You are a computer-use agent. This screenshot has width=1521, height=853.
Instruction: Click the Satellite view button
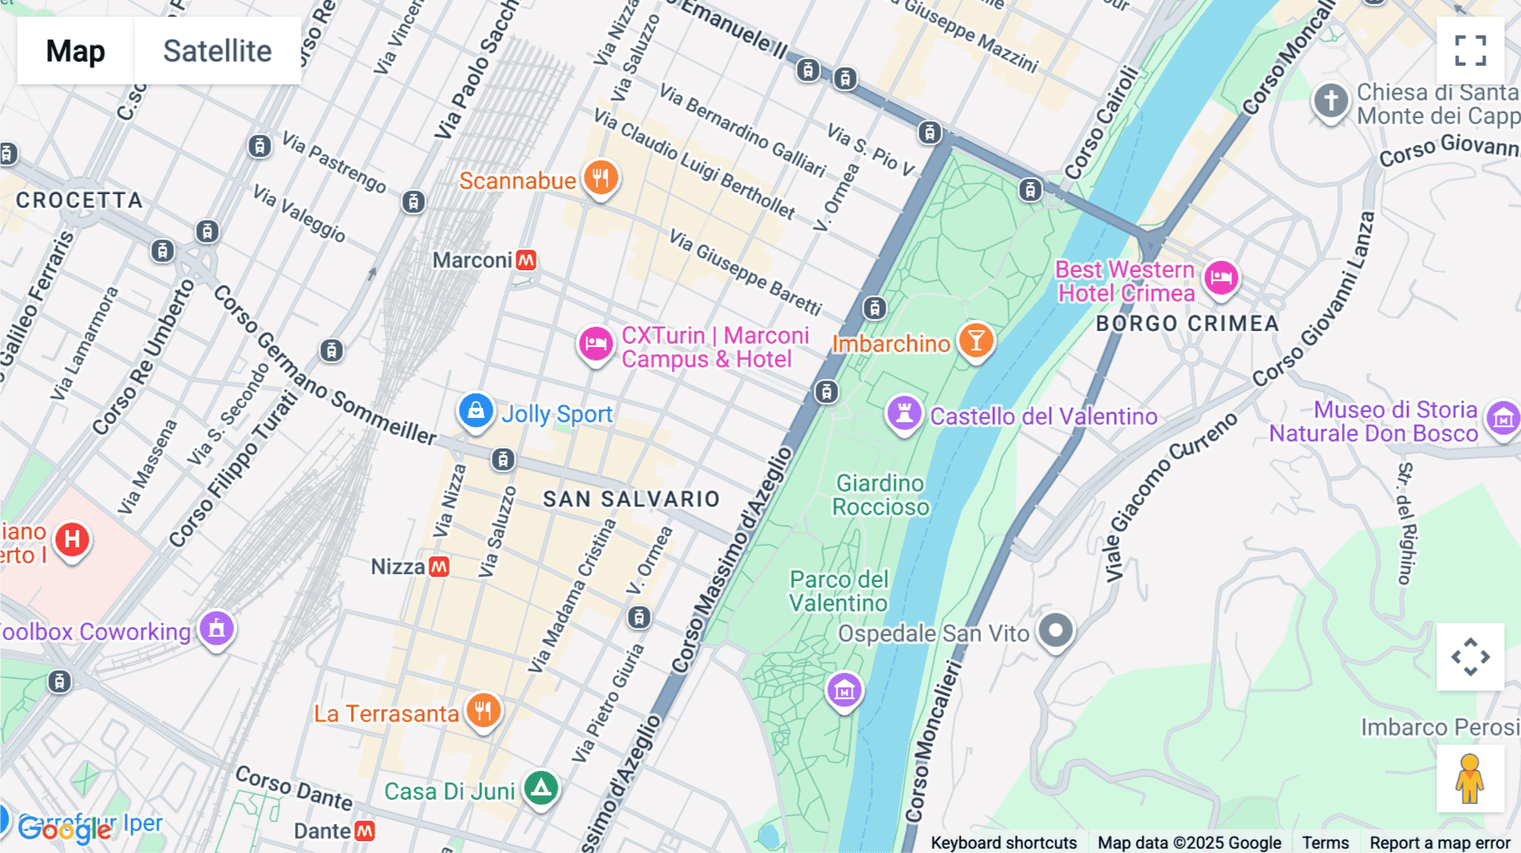(x=217, y=51)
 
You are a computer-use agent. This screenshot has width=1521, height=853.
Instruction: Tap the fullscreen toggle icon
(x=1470, y=50)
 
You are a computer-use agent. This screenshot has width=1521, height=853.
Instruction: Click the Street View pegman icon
(x=1469, y=779)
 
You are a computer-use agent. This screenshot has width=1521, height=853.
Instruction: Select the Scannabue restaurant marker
(x=601, y=178)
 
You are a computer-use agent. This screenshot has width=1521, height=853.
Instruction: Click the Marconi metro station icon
(x=526, y=260)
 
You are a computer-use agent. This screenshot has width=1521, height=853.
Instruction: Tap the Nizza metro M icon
(x=439, y=567)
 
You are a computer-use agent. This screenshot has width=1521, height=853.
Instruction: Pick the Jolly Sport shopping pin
(x=476, y=411)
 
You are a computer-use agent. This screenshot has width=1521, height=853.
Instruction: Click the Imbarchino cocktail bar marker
(x=976, y=340)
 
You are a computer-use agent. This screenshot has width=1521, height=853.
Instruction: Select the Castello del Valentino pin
(x=903, y=414)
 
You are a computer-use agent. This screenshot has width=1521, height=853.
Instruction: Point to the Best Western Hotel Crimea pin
(x=1221, y=277)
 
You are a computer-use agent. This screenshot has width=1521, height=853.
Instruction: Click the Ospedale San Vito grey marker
(x=1055, y=630)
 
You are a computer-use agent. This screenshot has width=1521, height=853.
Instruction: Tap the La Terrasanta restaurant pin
(x=483, y=711)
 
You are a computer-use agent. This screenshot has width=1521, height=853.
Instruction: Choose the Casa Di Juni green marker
(x=541, y=789)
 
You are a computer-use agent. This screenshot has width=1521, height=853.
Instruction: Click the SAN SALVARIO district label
(x=631, y=499)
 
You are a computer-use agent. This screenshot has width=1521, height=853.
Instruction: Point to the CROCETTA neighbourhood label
(x=79, y=200)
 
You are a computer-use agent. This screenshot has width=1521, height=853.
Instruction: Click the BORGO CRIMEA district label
(x=1186, y=323)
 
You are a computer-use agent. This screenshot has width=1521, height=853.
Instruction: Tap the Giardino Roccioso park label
(x=880, y=495)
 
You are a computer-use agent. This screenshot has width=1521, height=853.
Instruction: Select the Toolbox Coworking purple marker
(x=216, y=629)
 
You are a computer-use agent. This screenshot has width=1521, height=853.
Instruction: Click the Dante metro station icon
(x=364, y=831)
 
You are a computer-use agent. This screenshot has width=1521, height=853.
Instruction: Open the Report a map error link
(x=1439, y=843)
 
